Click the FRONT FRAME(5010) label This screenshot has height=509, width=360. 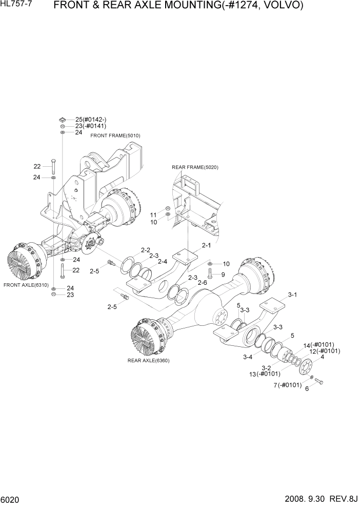pos(115,135)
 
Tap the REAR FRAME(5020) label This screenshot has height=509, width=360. pos(195,167)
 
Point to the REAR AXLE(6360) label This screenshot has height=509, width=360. pos(148,361)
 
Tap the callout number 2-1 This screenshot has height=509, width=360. pos(207,246)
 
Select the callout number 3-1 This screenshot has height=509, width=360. pos(292,295)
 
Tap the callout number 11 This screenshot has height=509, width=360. pos(153,214)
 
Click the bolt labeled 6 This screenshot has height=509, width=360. pos(318,382)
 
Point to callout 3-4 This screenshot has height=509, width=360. pos(247,357)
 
